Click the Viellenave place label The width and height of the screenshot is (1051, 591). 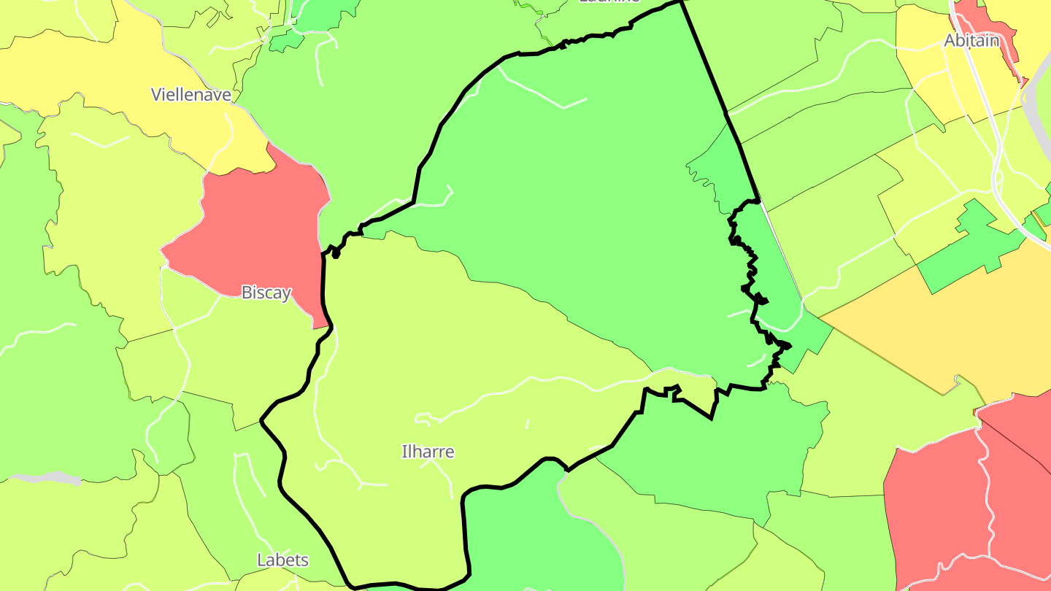click(x=190, y=94)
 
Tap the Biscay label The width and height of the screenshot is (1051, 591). click(x=266, y=293)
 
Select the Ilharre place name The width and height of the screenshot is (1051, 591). click(x=428, y=452)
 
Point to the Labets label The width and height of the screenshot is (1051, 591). click(x=282, y=560)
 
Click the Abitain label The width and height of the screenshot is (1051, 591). click(x=971, y=41)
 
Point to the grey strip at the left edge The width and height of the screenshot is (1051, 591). click(x=51, y=478)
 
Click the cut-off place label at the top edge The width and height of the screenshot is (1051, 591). click(x=609, y=1)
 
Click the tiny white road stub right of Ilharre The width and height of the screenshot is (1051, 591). click(x=527, y=423)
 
